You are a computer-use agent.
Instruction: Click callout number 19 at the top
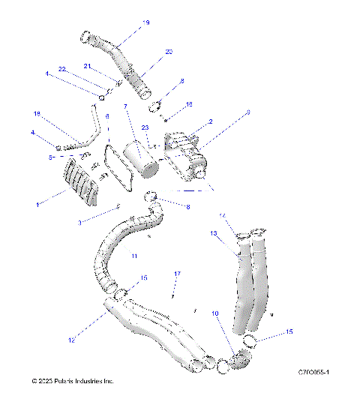(x=145, y=23)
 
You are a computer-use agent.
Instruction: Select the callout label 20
(x=169, y=51)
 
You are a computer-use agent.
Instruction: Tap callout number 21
(x=88, y=66)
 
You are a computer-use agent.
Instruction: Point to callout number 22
(x=63, y=69)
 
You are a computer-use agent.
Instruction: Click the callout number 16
(x=189, y=104)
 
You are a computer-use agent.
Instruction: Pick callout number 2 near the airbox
(x=211, y=121)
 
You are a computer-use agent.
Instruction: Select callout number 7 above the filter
(x=125, y=106)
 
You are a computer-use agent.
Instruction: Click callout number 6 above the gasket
(x=107, y=116)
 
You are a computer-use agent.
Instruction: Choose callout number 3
(x=81, y=222)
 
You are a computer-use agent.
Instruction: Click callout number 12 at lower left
(x=71, y=341)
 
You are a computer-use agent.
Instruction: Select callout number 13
(x=214, y=234)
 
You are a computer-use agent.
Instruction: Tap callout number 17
(x=178, y=274)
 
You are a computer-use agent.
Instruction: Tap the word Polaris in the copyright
(x=67, y=381)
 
